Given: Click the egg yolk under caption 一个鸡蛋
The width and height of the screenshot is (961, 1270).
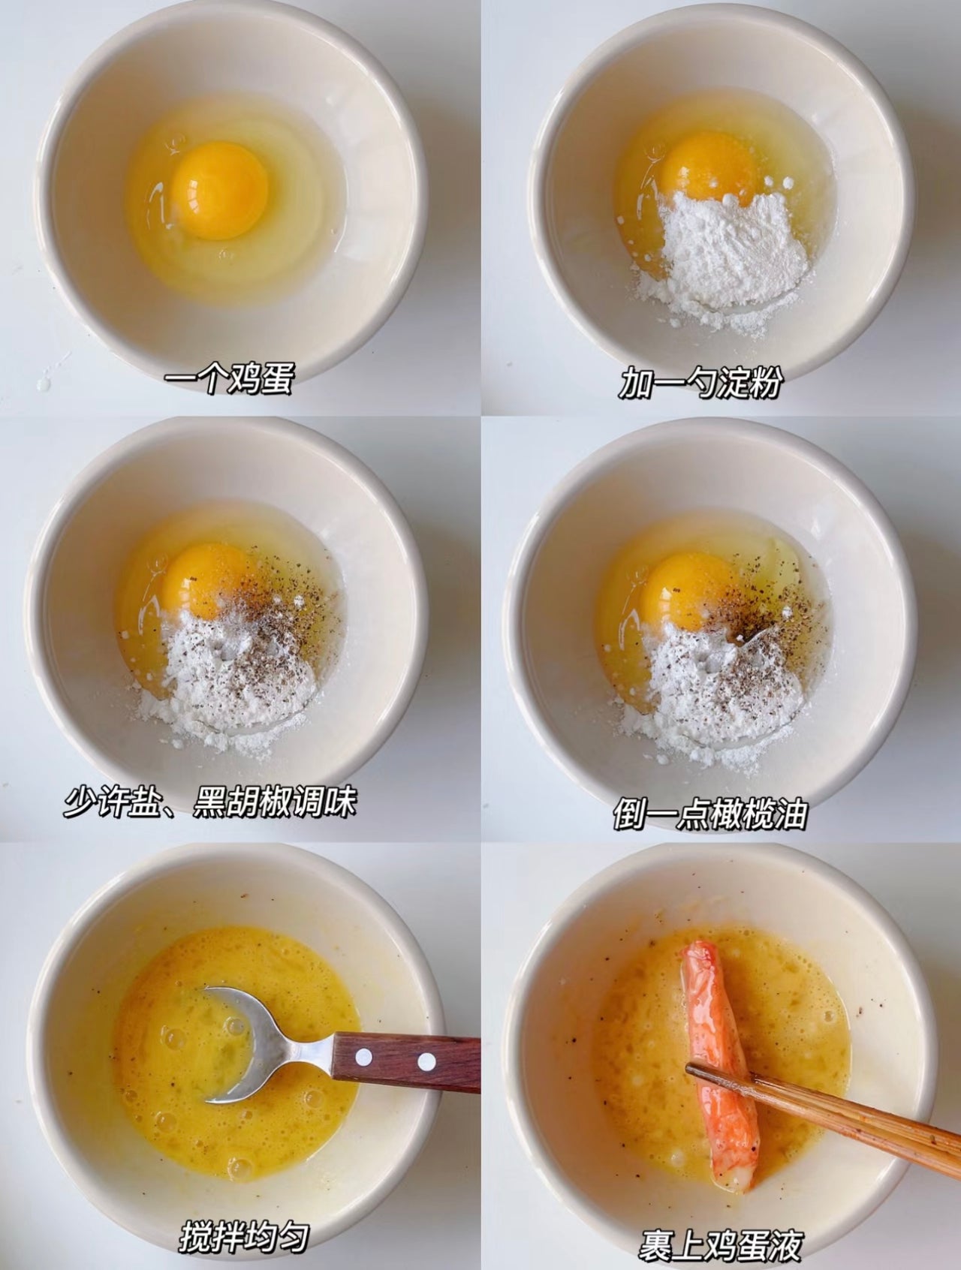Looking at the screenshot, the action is [219, 190].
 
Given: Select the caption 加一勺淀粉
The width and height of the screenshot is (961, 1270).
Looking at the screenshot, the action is [700, 384].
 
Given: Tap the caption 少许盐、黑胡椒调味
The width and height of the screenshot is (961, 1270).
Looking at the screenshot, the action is [209, 802].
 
